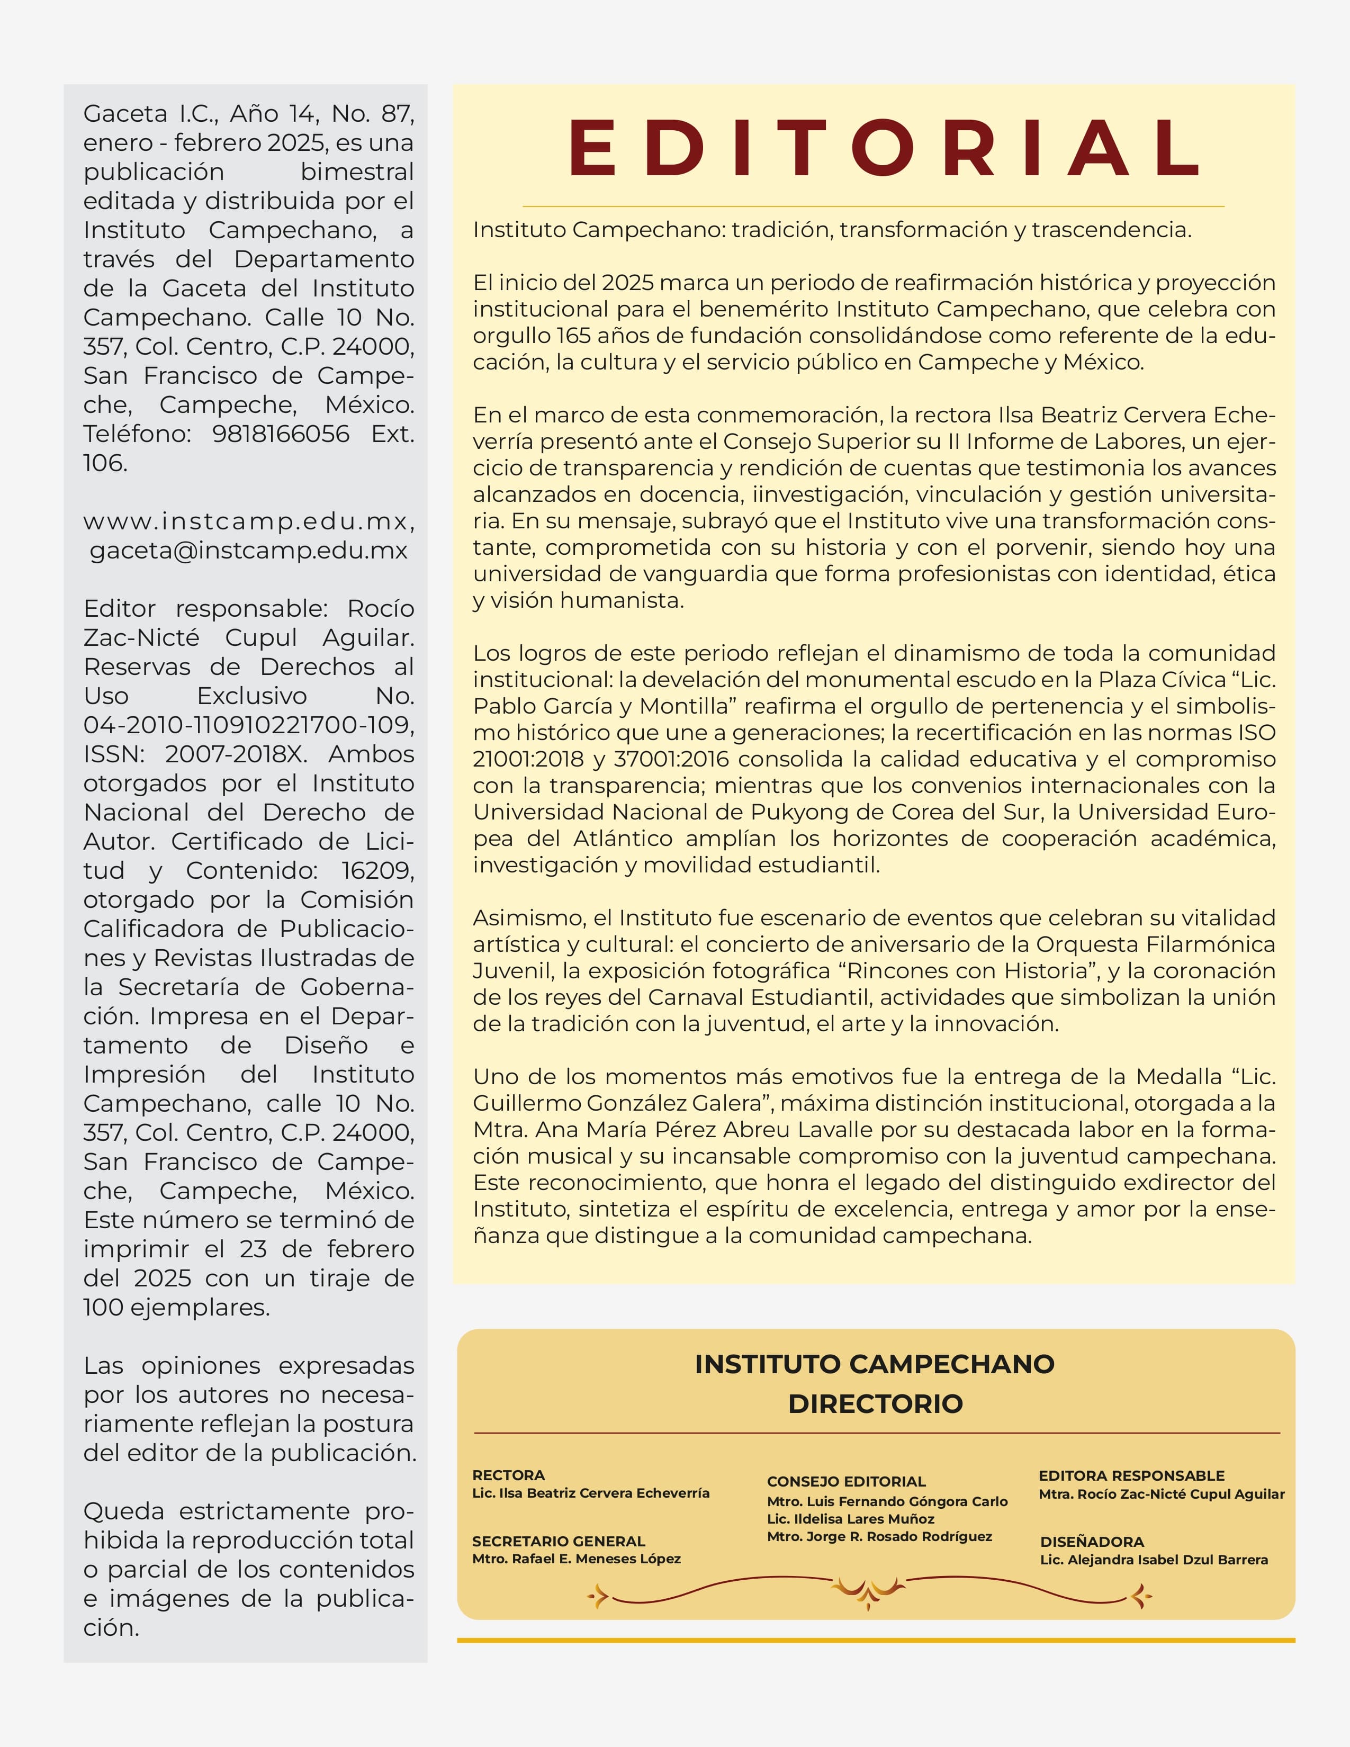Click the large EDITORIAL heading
click(884, 149)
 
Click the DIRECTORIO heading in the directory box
click(875, 1403)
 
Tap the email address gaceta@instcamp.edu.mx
click(249, 551)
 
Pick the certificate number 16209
click(377, 870)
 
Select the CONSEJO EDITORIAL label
click(846, 1481)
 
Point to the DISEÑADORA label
click(1092, 1542)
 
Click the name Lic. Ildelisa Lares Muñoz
click(850, 1519)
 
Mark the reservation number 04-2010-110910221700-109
click(248, 725)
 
